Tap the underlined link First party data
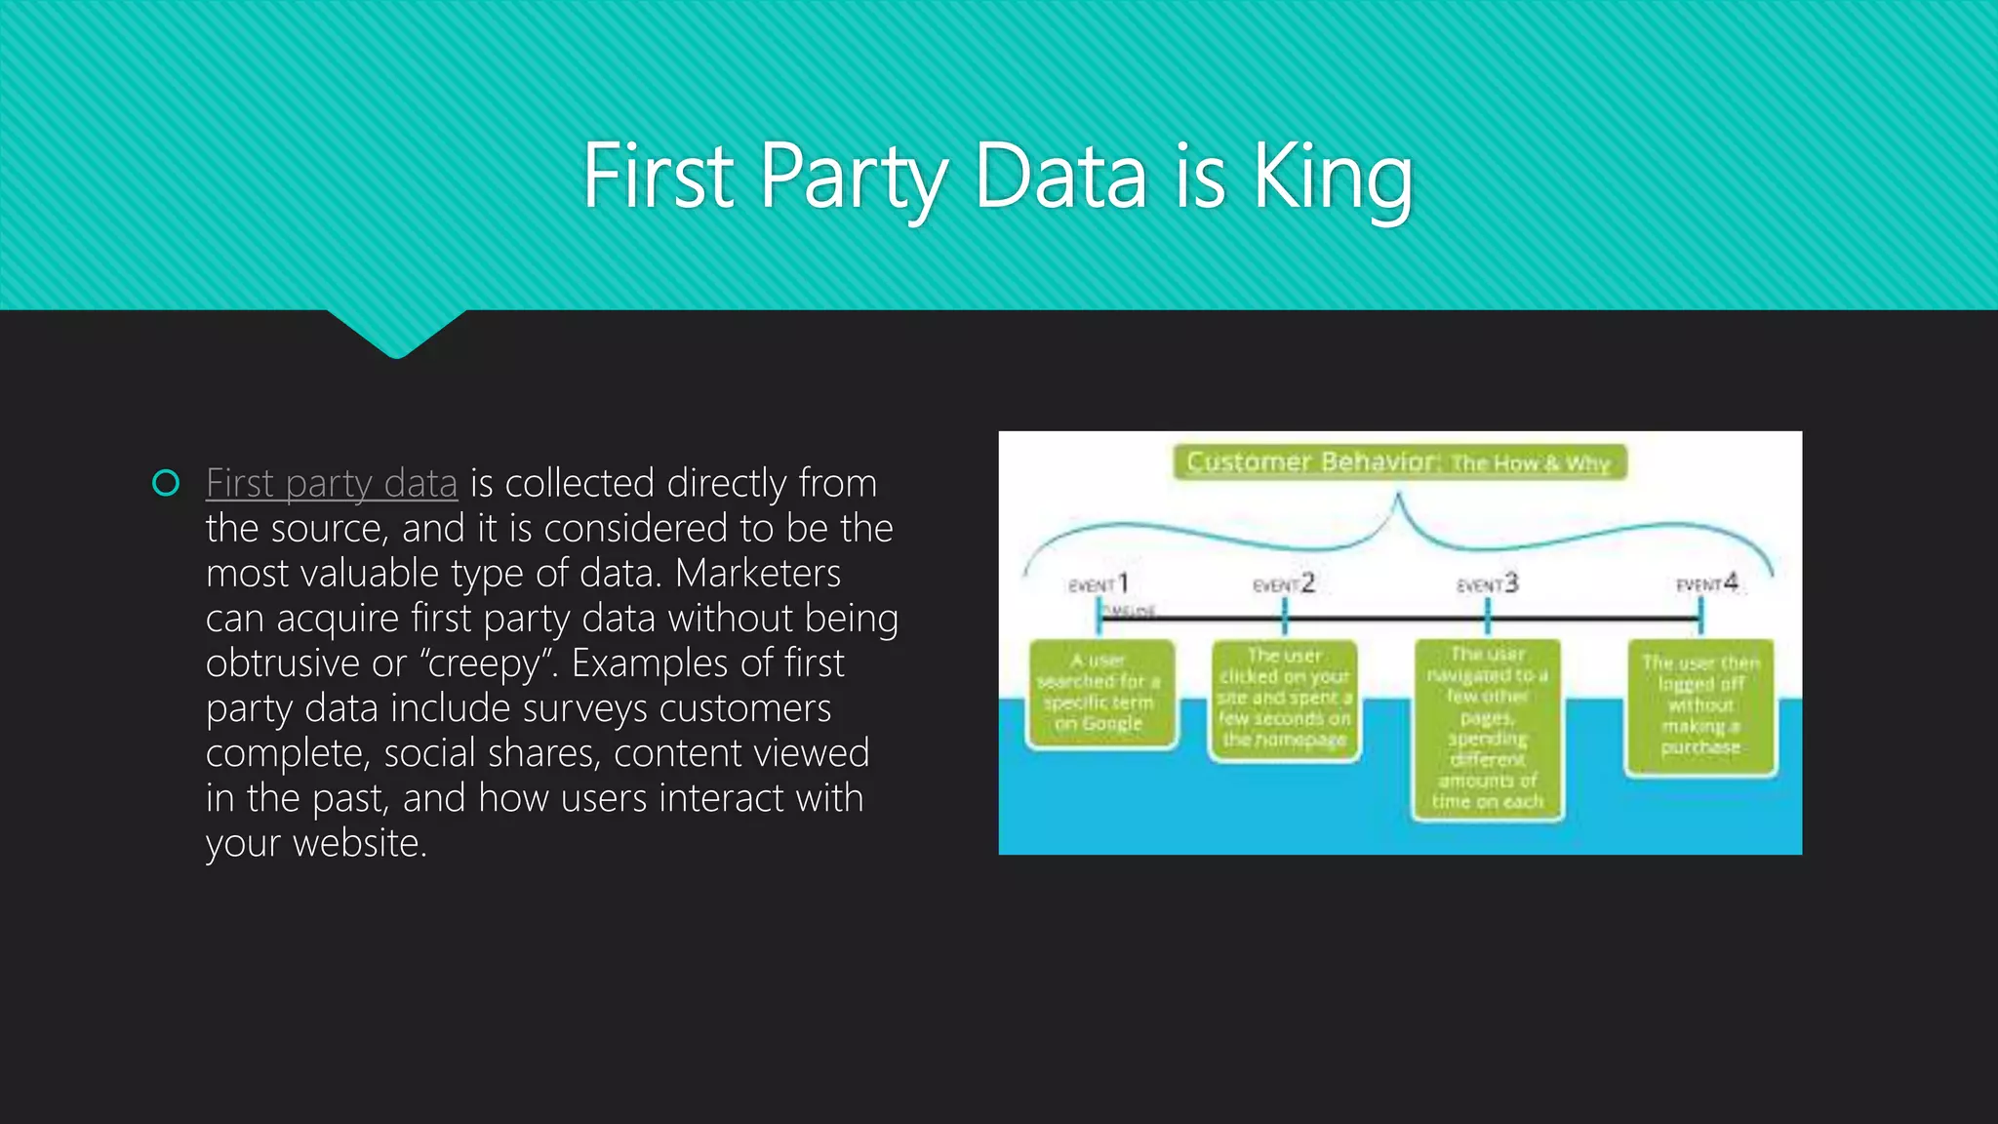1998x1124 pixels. [x=332, y=483]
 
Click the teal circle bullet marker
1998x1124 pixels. [x=167, y=483]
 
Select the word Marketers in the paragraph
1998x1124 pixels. [x=757, y=573]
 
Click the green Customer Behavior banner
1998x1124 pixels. [x=1399, y=462]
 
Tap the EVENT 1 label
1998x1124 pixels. [x=1099, y=584]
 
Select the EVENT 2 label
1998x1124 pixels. [x=1284, y=584]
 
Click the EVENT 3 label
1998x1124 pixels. [x=1488, y=584]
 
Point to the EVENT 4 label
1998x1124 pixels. [x=1707, y=583]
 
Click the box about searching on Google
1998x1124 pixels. [x=1099, y=693]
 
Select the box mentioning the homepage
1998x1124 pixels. [x=1284, y=699]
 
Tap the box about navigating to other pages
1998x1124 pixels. [x=1488, y=728]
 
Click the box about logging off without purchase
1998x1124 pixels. [x=1700, y=705]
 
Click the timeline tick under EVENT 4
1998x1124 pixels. [x=1700, y=616]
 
